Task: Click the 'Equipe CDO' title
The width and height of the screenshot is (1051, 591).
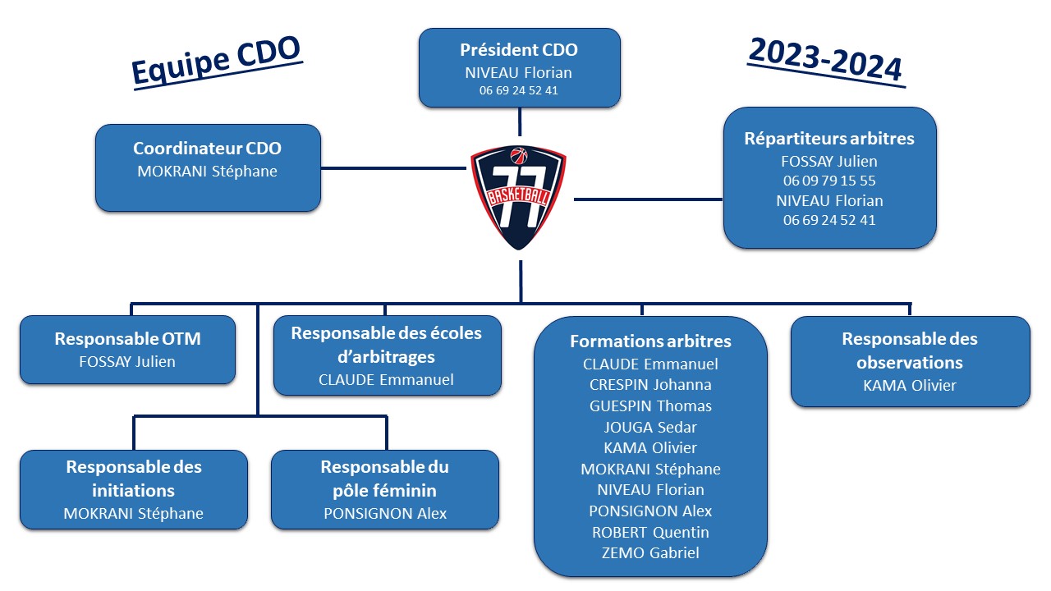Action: tap(216, 61)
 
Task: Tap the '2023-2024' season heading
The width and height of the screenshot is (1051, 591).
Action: tap(826, 61)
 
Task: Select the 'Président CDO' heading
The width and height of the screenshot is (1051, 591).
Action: tap(519, 50)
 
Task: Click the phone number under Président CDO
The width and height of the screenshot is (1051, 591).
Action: tap(519, 90)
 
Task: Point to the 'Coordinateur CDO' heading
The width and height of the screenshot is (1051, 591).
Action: tap(208, 149)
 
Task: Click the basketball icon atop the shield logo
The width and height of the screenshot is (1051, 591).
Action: tap(518, 155)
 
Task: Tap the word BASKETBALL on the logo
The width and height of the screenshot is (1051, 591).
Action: tap(518, 196)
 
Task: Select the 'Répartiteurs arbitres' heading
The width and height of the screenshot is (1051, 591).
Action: tap(829, 139)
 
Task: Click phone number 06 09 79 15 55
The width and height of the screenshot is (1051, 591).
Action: tap(829, 181)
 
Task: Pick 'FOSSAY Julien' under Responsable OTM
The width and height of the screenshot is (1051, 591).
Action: tap(127, 362)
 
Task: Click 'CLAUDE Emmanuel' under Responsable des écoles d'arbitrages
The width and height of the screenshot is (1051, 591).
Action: tap(386, 379)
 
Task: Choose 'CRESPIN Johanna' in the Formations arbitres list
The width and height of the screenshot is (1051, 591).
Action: tap(650, 385)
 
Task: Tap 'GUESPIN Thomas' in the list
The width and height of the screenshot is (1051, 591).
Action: tap(650, 405)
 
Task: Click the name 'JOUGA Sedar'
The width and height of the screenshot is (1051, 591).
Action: tap(650, 428)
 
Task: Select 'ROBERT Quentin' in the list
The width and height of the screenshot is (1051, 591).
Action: tap(650, 533)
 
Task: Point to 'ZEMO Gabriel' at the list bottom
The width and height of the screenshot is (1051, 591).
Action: tap(650, 553)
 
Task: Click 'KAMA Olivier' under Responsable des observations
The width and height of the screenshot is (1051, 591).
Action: tap(910, 386)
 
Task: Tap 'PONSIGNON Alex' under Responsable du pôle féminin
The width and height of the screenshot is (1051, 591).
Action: tap(385, 514)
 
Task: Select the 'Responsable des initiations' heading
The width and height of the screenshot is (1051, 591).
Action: tap(134, 479)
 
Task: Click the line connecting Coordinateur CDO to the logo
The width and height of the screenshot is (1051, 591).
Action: tap(393, 168)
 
